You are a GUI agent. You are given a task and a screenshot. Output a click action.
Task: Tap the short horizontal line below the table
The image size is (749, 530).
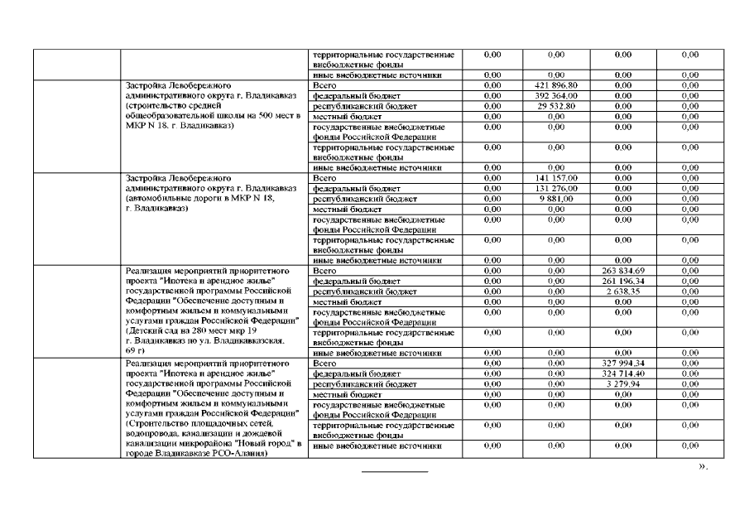(395, 471)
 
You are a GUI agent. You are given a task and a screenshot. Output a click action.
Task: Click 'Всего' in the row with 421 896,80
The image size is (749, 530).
(324, 85)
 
